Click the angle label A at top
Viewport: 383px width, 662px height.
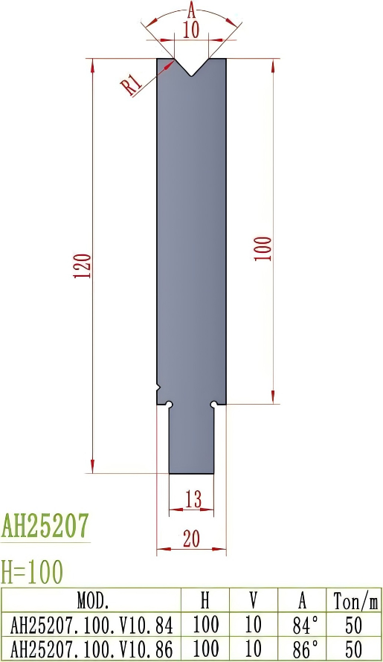pyautogui.click(x=191, y=10)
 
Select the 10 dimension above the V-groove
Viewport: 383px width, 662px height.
pyautogui.click(x=191, y=30)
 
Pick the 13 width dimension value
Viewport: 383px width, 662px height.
pyautogui.click(x=193, y=501)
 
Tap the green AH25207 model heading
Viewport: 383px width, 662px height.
pyautogui.click(x=45, y=526)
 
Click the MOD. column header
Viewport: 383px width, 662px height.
pyautogui.click(x=92, y=600)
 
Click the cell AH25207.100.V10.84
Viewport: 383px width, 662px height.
pyautogui.click(x=92, y=624)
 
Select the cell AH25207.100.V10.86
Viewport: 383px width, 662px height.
pyautogui.click(x=92, y=648)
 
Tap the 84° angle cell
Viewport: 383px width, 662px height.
pyautogui.click(x=302, y=624)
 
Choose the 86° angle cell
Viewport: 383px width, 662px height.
pyautogui.click(x=302, y=648)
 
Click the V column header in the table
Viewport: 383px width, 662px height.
pyautogui.click(x=253, y=600)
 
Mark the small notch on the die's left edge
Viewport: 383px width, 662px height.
pyautogui.click(x=158, y=388)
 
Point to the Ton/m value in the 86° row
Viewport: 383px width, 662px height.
pyautogui.click(x=353, y=648)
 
